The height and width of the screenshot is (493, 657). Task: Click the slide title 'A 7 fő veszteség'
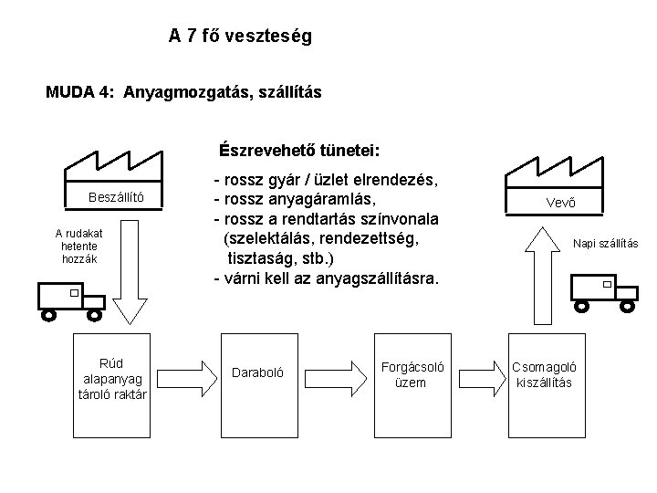click(240, 37)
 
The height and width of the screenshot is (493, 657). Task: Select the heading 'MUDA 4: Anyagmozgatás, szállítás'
click(183, 92)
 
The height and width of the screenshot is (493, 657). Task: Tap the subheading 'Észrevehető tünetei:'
click(298, 150)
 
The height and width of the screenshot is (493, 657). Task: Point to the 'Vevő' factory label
click(560, 202)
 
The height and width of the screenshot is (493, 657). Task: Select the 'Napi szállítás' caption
click(605, 244)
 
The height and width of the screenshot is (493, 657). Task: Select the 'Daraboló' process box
click(258, 373)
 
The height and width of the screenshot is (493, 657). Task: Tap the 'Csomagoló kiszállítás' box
click(545, 374)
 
